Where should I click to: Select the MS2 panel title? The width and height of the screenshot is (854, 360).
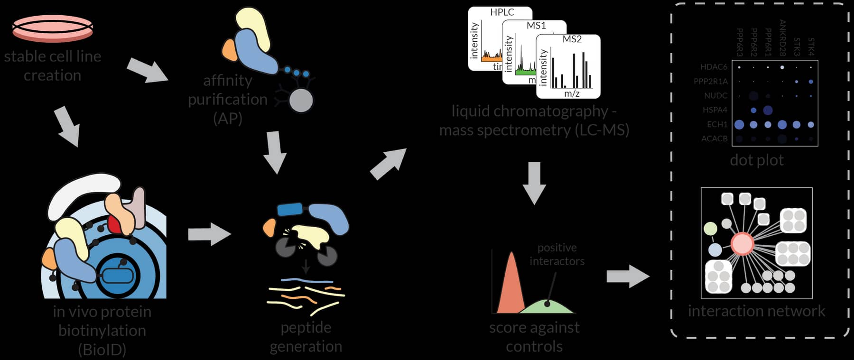pos(572,39)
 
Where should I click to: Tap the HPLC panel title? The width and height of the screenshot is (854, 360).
pos(502,12)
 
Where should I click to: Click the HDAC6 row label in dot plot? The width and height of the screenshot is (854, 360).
pos(714,67)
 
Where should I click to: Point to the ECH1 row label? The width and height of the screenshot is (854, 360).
pos(717,125)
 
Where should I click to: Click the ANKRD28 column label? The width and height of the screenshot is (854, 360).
pos(782,38)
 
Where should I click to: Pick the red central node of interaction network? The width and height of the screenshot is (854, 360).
pos(742,243)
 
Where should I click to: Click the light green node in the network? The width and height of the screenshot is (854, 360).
pos(710,229)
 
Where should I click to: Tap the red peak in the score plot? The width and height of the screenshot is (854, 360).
pos(511,285)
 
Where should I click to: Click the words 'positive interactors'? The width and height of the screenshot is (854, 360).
pos(557,254)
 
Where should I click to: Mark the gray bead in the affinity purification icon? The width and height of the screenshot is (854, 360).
pos(301,101)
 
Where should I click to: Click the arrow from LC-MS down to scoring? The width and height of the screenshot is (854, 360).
pos(534,183)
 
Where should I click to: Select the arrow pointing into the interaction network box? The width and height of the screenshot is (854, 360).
pos(628,276)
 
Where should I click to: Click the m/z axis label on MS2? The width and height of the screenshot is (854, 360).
pos(572,94)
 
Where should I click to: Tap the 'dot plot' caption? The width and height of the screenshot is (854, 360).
pos(757,160)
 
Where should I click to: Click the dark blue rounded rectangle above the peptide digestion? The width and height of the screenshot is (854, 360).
pos(290,209)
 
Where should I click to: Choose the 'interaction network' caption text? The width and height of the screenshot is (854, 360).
pos(756,311)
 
